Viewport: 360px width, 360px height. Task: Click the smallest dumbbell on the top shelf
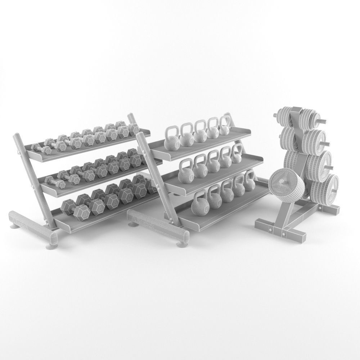tap(37, 148)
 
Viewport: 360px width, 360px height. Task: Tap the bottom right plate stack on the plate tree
tap(326, 188)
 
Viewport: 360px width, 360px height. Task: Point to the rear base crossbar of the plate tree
tap(329, 209)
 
